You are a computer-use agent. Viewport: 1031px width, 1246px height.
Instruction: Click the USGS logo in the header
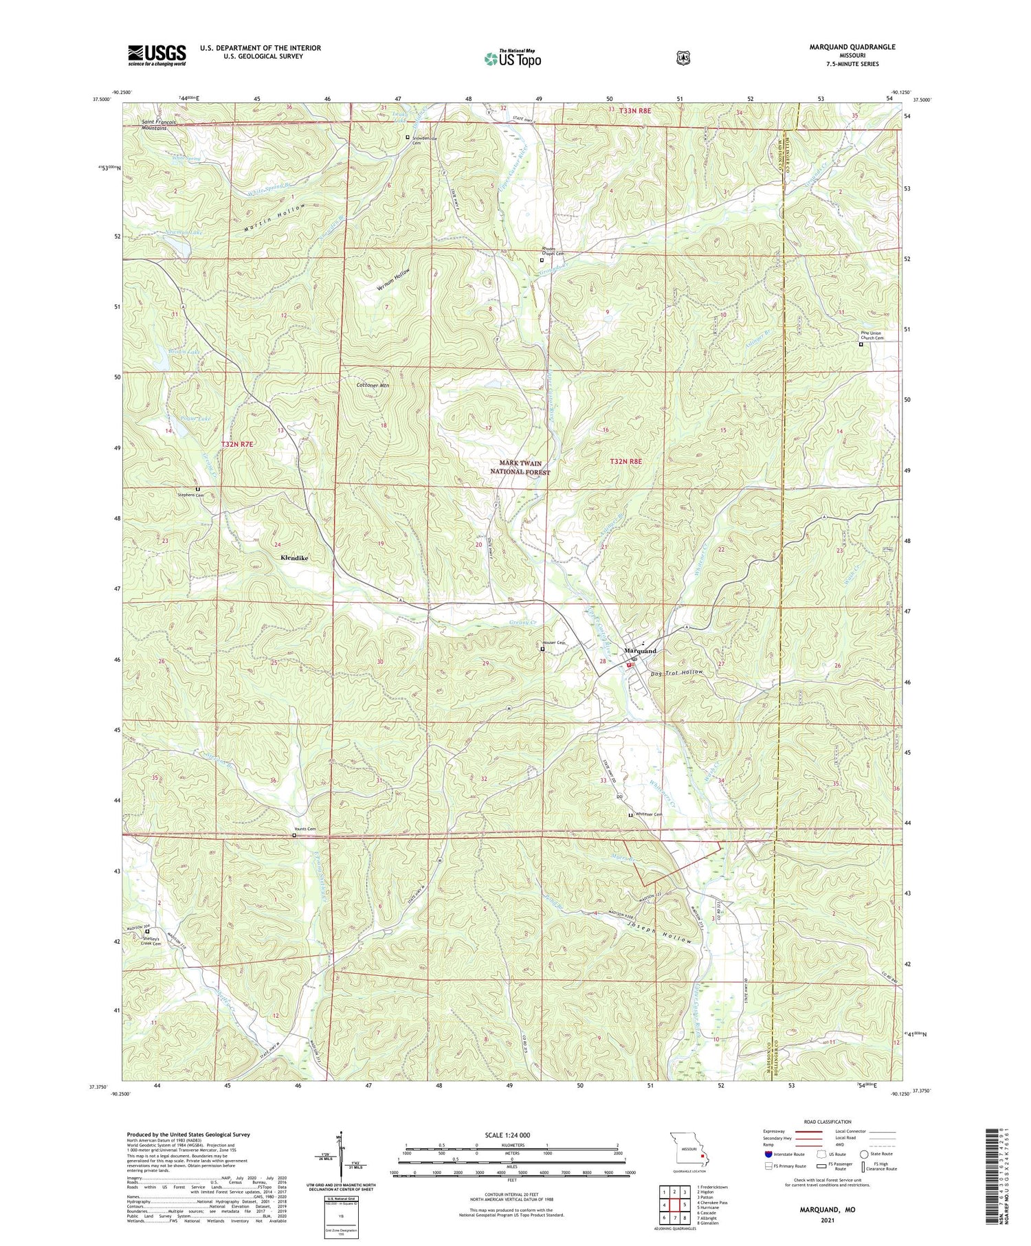(x=157, y=55)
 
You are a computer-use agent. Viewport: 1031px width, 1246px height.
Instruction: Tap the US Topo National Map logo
(x=513, y=58)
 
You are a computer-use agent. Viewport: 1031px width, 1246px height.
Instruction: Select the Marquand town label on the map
(x=640, y=650)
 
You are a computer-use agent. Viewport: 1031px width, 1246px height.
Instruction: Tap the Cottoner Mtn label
(x=373, y=386)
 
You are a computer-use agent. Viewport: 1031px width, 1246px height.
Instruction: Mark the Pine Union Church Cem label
(x=871, y=335)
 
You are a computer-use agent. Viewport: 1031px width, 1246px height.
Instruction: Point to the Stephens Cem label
(x=190, y=495)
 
